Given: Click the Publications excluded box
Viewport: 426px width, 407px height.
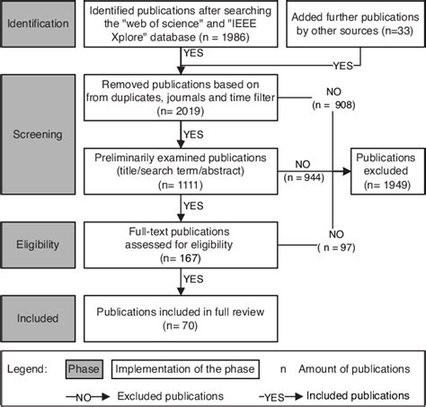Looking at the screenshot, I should click(385, 166).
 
